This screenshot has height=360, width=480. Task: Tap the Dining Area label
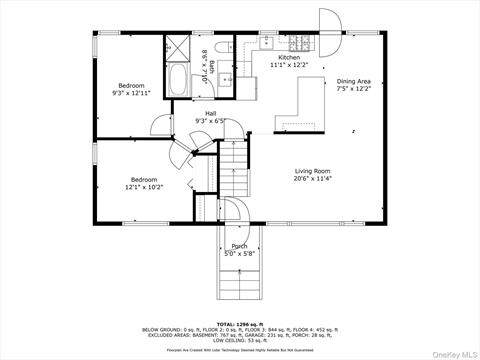coord(354,85)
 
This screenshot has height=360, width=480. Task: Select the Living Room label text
coord(312,175)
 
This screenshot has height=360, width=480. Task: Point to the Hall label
coord(210,117)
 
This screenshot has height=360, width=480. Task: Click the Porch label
coord(240,249)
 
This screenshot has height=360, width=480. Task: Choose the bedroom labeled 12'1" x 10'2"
coord(143,183)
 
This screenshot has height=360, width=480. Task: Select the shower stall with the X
coord(176,48)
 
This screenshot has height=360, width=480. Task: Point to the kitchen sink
coord(267,43)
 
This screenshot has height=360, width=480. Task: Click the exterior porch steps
coord(240,280)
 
